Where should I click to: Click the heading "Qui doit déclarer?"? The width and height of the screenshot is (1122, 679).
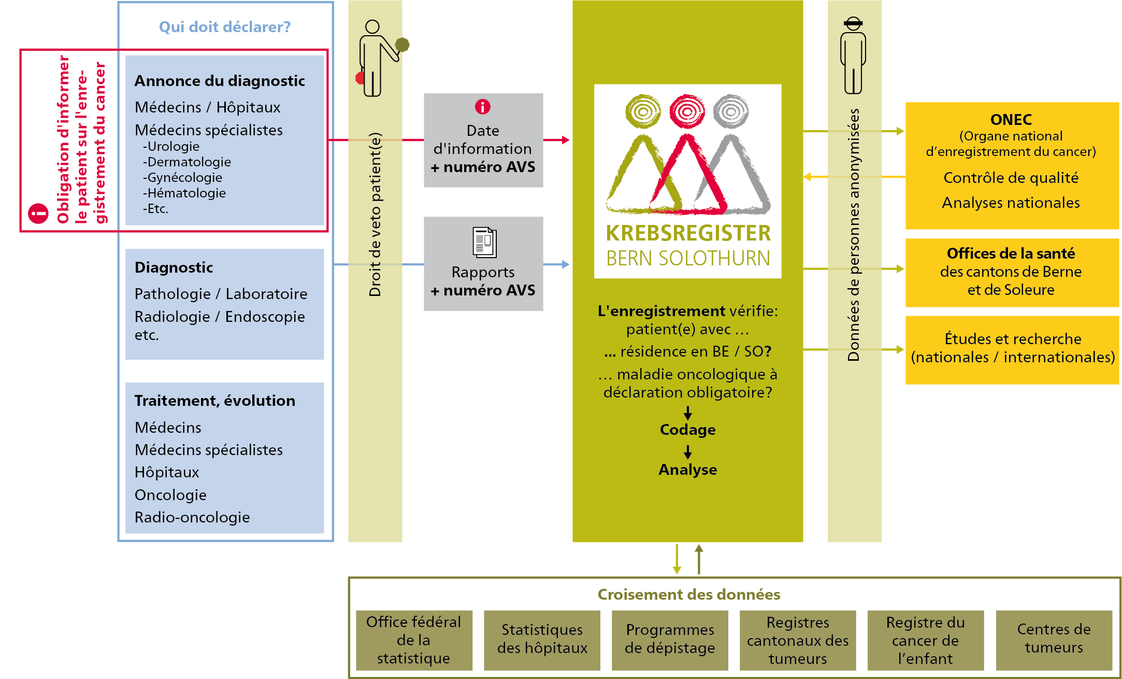coord(225,27)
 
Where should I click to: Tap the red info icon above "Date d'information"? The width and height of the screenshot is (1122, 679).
coord(483,107)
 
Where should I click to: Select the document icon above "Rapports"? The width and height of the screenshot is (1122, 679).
coord(484,243)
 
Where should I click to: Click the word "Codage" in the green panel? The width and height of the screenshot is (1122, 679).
coord(687,430)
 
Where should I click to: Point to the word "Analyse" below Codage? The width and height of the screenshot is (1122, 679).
coord(687,470)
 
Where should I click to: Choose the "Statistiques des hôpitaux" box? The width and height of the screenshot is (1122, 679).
coord(542,640)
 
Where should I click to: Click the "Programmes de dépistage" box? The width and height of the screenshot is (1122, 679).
coord(670,640)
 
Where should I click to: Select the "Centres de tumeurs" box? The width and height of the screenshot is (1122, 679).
coord(1054,640)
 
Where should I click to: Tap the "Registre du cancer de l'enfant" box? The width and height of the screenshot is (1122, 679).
coord(925,640)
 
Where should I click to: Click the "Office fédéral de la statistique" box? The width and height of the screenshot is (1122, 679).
coord(414,640)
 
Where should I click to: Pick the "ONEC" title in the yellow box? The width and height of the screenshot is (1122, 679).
coord(1011,120)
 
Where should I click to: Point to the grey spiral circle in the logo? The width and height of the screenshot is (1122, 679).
coord(730,111)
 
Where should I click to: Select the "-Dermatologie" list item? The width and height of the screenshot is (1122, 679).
coord(187,162)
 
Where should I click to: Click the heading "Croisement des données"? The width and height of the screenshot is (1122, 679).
coord(688,595)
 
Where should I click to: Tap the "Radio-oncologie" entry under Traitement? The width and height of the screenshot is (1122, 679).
coord(192,517)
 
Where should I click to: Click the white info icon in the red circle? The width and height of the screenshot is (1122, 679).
coord(38,214)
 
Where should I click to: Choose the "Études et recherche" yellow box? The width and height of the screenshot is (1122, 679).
coord(1012,348)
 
